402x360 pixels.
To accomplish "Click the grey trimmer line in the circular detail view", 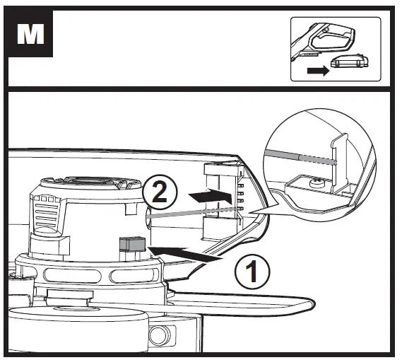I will tap(297, 157).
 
